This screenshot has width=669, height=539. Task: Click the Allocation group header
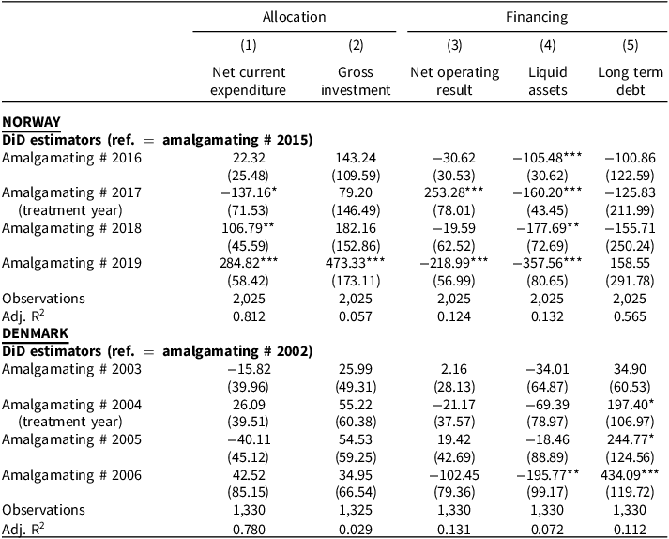294,17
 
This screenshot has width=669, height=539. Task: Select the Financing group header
537,17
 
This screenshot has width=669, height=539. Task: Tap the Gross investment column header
356,81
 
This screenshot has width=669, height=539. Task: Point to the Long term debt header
631,81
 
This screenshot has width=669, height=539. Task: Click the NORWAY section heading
31,122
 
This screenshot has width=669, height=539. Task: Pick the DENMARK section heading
35,333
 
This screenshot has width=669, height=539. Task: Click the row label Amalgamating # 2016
71,158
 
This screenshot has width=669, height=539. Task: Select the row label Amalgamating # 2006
71,475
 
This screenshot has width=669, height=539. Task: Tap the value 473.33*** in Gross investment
355,263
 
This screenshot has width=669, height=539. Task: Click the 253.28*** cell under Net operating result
454,192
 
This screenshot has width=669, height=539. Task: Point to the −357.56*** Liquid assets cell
547,263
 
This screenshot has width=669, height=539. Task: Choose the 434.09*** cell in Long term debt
630,474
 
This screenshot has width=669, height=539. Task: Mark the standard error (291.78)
630,281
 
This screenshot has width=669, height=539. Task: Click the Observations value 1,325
356,510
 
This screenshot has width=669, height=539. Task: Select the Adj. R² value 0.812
249,316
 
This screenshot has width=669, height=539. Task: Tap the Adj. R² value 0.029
356,530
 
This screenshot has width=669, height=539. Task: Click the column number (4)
547,45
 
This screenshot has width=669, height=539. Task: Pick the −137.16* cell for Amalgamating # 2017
249,192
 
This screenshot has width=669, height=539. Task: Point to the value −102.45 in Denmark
454,475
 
